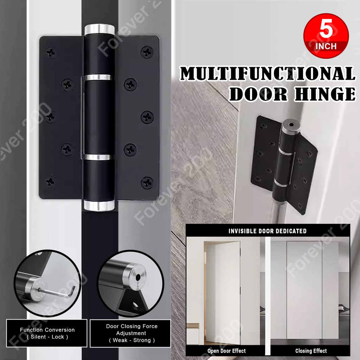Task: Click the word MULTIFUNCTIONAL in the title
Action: [267, 74]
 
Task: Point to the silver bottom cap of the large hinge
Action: [99, 205]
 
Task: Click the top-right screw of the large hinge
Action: [147, 52]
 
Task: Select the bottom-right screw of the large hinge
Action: [147, 183]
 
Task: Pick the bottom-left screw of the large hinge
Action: [50, 182]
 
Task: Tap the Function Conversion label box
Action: [47, 333]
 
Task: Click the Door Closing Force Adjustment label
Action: [131, 333]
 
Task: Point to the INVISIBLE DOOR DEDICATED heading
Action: [267, 231]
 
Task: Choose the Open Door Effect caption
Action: [226, 351]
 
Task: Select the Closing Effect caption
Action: [311, 351]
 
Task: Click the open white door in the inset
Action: [223, 292]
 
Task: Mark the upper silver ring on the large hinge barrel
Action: [99, 78]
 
